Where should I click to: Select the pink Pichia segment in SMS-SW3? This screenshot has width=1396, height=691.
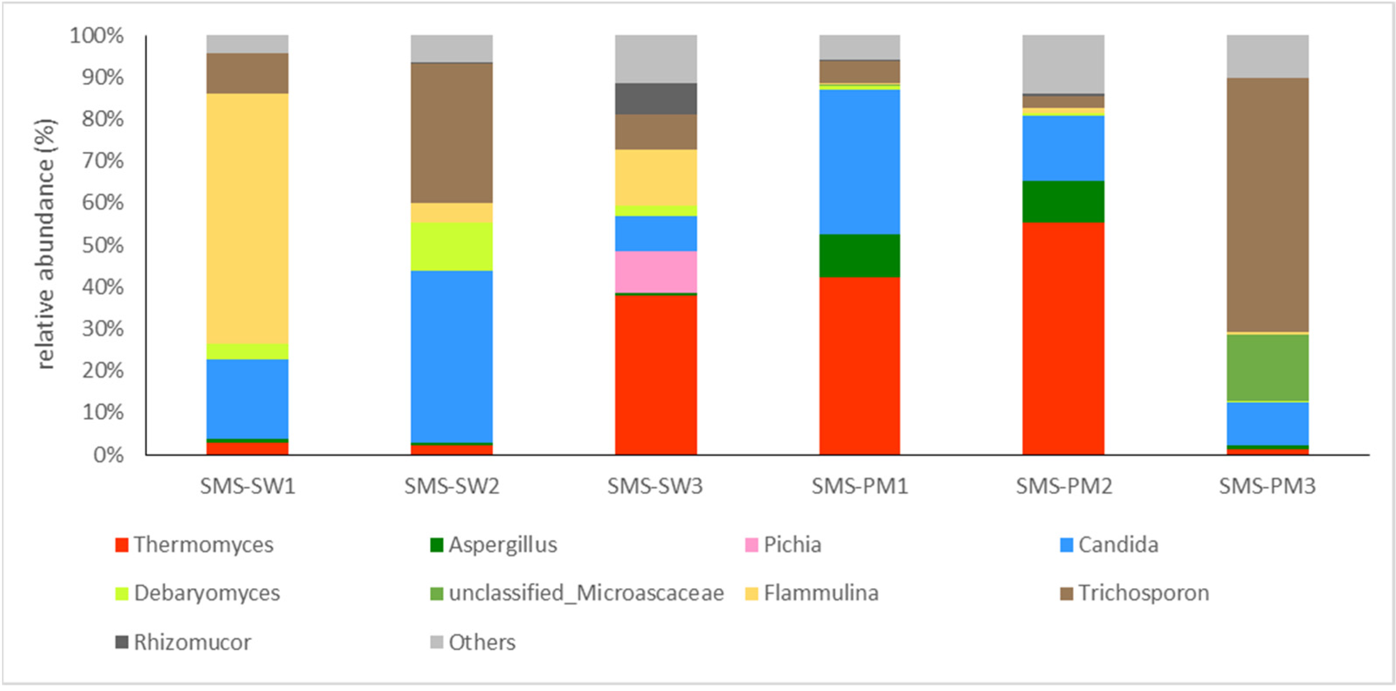(x=656, y=272)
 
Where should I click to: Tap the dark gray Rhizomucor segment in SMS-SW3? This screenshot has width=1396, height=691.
(x=656, y=99)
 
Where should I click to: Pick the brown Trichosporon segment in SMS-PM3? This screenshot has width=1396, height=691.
(x=1268, y=205)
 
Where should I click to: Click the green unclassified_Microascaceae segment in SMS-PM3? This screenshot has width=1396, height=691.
(x=1268, y=368)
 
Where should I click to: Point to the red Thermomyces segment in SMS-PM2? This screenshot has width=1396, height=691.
(x=1063, y=338)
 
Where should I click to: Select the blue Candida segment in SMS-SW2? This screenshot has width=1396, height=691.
(x=451, y=357)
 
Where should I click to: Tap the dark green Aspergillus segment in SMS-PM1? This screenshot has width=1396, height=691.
(x=860, y=256)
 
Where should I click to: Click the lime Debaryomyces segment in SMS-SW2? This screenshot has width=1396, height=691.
(x=451, y=247)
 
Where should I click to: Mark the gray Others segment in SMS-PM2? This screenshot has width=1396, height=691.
(x=1063, y=64)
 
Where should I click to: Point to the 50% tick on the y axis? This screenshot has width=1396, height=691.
(x=103, y=245)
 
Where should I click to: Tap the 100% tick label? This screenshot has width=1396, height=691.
(x=96, y=36)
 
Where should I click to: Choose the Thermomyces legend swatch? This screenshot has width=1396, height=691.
(x=122, y=545)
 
